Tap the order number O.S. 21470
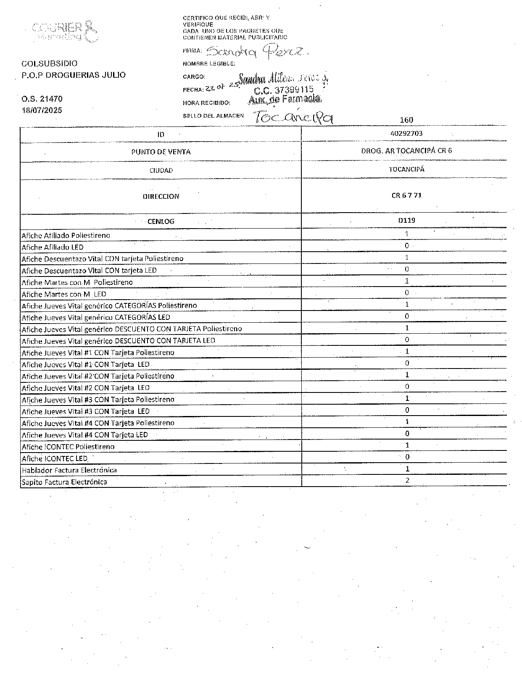[42, 99]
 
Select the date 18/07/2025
[42, 110]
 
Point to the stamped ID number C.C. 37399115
[284, 90]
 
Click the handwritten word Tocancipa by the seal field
[293, 117]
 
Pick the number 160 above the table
[406, 120]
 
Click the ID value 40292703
[406, 133]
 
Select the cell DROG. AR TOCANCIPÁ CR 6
[406, 150]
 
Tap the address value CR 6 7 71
[406, 195]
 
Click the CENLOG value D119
[406, 220]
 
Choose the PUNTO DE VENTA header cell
[161, 152]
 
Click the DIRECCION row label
[161, 196]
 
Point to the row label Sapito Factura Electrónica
[64, 482]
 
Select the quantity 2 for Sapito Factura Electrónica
[407, 480]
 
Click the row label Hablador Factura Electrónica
[69, 470]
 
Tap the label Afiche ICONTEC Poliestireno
[68, 446]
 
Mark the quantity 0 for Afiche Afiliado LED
[407, 245]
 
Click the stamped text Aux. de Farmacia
[285, 99]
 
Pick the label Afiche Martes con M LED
[64, 294]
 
